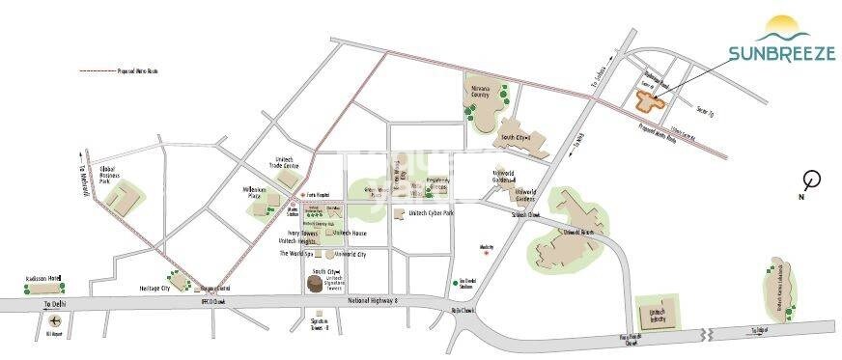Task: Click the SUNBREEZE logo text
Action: (782, 54)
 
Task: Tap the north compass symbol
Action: (812, 179)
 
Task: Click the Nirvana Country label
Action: (480, 92)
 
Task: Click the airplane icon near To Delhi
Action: (55, 321)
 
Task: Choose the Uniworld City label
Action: (349, 253)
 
